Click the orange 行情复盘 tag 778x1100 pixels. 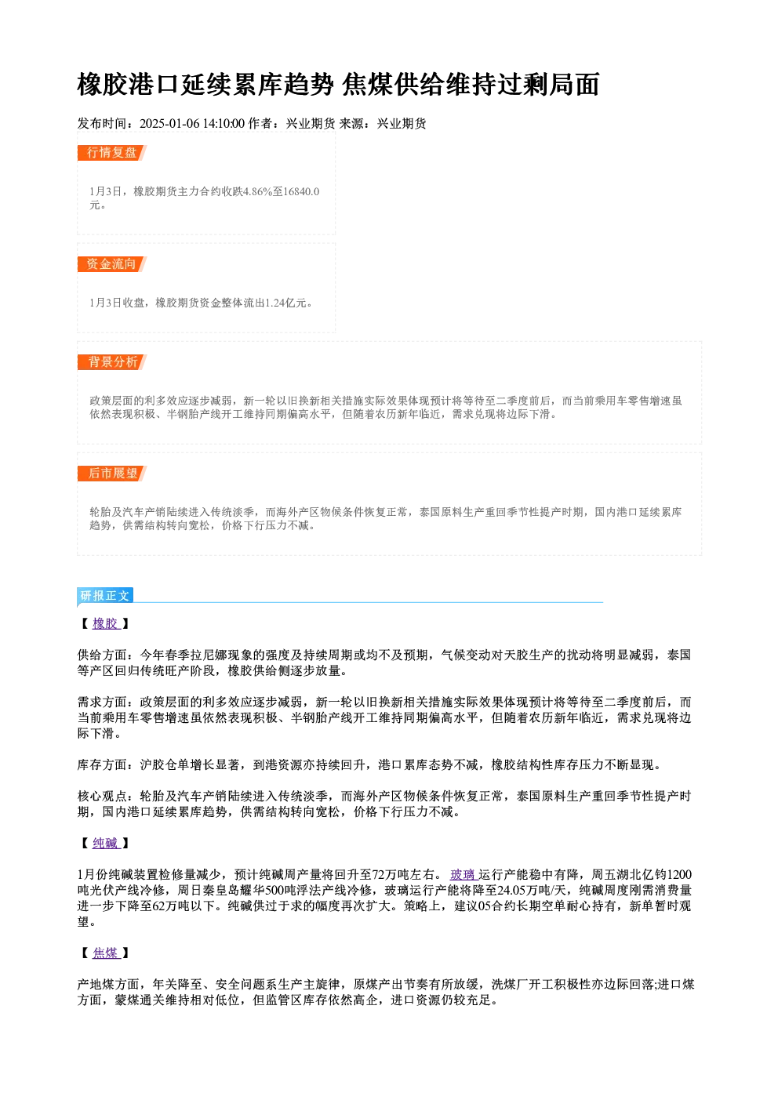point(111,153)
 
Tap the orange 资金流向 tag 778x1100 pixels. point(111,264)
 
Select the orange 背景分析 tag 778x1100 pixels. point(111,362)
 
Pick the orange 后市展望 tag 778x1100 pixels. point(111,474)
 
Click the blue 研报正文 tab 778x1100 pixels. point(105,596)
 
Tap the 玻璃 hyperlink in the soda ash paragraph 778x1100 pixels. point(464,875)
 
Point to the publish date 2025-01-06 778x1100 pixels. point(169,124)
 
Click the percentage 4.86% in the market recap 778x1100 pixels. point(257,191)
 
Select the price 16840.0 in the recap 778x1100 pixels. point(301,191)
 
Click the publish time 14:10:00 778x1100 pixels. point(224,124)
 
